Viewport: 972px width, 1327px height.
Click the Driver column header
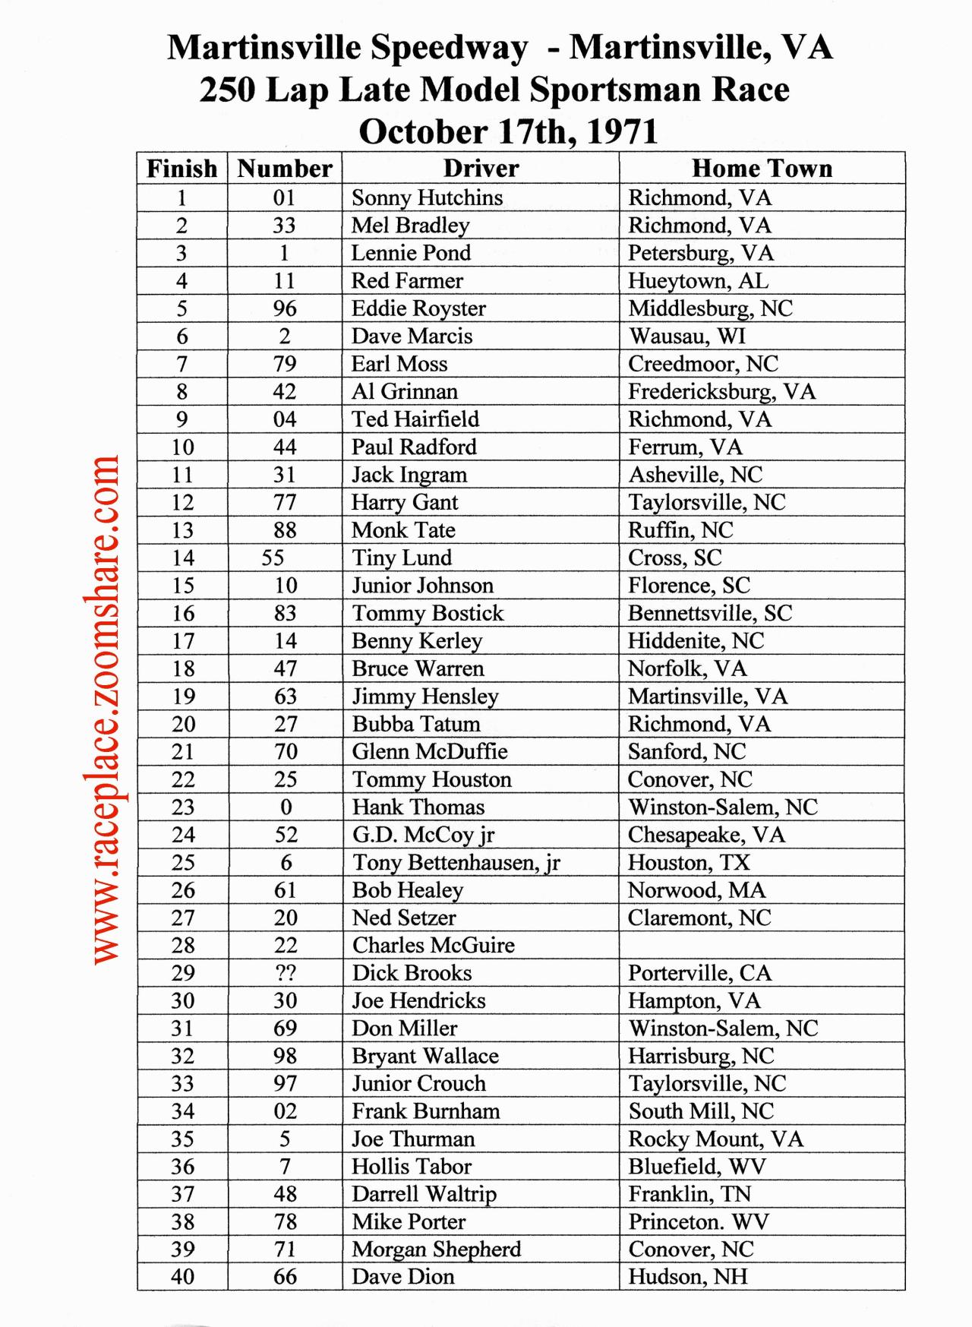(x=481, y=168)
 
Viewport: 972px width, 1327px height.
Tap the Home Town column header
(x=762, y=168)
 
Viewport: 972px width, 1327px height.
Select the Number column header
(x=285, y=168)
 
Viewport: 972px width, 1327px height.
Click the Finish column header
(x=181, y=168)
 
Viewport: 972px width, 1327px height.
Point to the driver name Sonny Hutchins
(x=427, y=197)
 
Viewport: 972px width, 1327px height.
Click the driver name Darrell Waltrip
(x=424, y=1194)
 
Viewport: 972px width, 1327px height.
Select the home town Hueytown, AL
(x=698, y=281)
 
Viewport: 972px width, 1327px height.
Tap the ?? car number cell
(x=286, y=973)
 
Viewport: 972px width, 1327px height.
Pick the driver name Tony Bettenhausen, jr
(x=456, y=863)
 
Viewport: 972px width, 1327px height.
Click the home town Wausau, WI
(x=687, y=336)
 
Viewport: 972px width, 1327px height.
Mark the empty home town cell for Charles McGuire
(x=762, y=945)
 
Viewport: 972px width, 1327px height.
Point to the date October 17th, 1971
(x=508, y=131)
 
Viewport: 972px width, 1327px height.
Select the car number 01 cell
(x=284, y=197)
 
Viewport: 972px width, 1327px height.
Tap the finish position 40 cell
(x=182, y=1277)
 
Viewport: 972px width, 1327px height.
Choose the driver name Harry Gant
(x=404, y=503)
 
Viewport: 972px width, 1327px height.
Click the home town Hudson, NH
(x=687, y=1277)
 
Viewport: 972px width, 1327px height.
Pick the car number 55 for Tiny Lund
(x=273, y=558)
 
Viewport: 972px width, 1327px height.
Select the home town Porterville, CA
(x=699, y=973)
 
